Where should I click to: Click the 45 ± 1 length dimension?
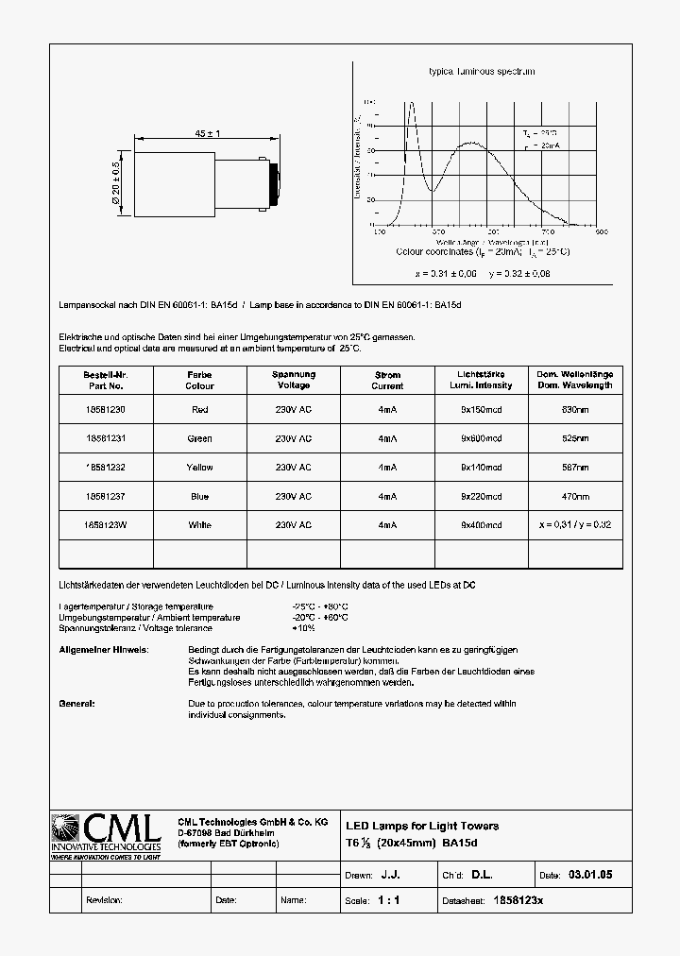pyautogui.click(x=207, y=134)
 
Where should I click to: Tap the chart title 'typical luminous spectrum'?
pyautogui.click(x=482, y=72)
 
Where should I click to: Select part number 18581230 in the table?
pyautogui.click(x=106, y=410)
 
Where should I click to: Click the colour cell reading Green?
pyautogui.click(x=199, y=438)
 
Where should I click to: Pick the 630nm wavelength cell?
pyautogui.click(x=575, y=410)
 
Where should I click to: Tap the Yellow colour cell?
pyautogui.click(x=199, y=468)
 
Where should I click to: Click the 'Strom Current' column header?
pyautogui.click(x=387, y=380)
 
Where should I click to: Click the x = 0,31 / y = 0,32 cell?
pyautogui.click(x=575, y=524)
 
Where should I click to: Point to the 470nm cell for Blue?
pyautogui.click(x=575, y=496)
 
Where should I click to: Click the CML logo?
pyautogui.click(x=107, y=835)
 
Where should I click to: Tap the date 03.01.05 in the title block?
pyautogui.click(x=590, y=876)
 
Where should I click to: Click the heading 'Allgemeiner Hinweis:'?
pyautogui.click(x=103, y=650)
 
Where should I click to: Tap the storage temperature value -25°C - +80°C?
pyautogui.click(x=320, y=606)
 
